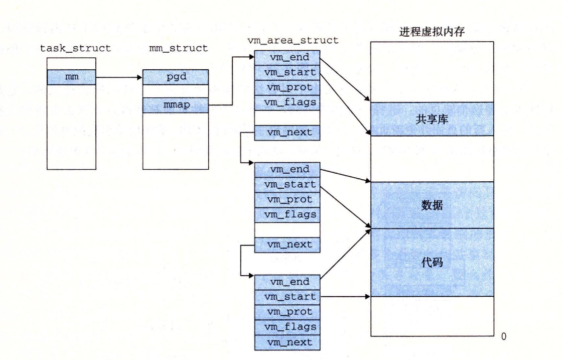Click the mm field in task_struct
[x=71, y=78]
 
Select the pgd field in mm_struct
[x=175, y=78]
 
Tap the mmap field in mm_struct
[x=175, y=105]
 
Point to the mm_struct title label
[x=175, y=48]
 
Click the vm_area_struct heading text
[x=294, y=41]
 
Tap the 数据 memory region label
[x=432, y=205]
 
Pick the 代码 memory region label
[x=432, y=262]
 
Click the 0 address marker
[x=504, y=336]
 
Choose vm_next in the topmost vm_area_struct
[x=287, y=133]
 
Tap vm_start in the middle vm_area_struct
[x=287, y=184]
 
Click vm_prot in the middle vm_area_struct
[x=287, y=199]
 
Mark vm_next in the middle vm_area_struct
[x=287, y=245]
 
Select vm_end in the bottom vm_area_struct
[x=287, y=282]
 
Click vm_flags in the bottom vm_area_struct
[x=287, y=327]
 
